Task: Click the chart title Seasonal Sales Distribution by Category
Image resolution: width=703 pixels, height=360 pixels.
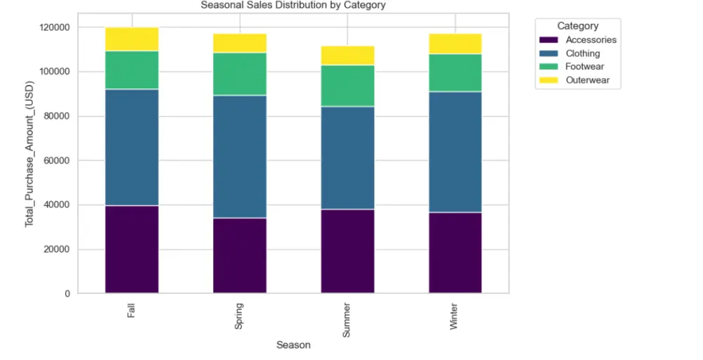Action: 293,5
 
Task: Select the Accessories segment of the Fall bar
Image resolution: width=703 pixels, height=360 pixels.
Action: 131,249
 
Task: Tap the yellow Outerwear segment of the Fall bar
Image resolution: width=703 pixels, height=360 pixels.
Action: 131,39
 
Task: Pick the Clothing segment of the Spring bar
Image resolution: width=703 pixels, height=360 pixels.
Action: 240,156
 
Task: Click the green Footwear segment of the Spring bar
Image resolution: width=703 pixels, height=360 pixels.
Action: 240,74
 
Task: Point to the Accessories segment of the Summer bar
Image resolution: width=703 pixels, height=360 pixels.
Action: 347,251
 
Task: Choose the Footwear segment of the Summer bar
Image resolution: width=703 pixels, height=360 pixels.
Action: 347,86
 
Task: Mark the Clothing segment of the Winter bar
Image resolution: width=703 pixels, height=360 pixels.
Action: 455,151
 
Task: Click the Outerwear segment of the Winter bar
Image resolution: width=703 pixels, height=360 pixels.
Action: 455,44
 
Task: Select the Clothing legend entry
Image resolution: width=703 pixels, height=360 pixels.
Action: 583,53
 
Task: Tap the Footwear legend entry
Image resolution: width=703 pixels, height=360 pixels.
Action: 584,67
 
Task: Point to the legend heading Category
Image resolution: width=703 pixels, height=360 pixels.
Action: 578,26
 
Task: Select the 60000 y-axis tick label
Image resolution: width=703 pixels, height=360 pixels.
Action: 56,160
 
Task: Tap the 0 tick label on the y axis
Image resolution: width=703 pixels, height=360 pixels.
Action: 67,293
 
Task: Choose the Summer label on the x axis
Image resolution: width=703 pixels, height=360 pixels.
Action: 347,320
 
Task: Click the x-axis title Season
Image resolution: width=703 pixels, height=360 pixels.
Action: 293,345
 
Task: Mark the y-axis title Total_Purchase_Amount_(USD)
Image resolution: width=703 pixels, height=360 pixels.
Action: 30,160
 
